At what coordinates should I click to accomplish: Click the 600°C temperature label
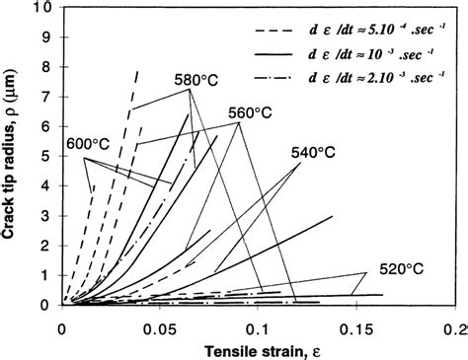coord(88,142)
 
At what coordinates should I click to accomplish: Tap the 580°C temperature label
coord(190,80)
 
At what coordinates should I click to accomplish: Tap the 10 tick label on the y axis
coord(42,7)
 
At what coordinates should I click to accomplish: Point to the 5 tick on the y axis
coord(47,156)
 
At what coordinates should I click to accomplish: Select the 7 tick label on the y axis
coord(47,97)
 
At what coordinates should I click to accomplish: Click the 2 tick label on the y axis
coord(47,246)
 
